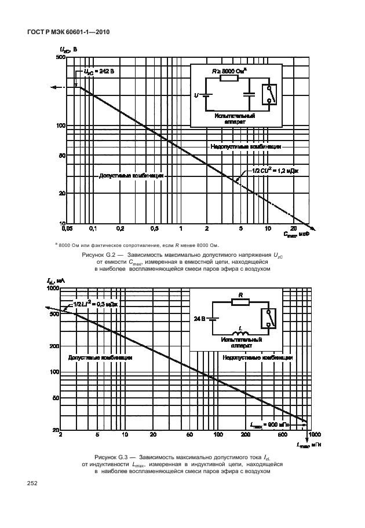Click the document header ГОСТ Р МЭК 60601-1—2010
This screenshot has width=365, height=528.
(x=68, y=32)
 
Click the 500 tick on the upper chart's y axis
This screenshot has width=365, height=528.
(x=60, y=57)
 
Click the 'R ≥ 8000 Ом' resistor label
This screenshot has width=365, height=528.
(x=229, y=70)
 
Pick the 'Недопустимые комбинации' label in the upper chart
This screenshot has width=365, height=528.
(x=246, y=147)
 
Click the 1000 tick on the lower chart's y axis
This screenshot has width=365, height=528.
(x=53, y=287)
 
